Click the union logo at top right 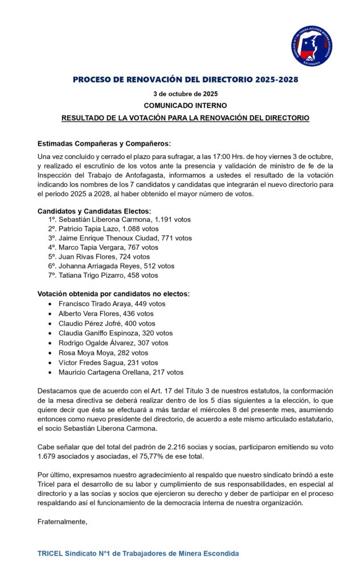pos(312,46)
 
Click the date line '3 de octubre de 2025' pos(185,93)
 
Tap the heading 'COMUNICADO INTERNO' pos(185,105)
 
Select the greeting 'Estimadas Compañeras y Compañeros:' pos(104,143)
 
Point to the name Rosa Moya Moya pos(85,353)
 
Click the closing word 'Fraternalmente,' pos(62,522)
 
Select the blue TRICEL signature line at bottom pos(138,553)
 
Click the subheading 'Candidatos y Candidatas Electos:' pos(94,211)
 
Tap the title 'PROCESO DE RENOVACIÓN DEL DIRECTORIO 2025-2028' pos(185,80)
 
